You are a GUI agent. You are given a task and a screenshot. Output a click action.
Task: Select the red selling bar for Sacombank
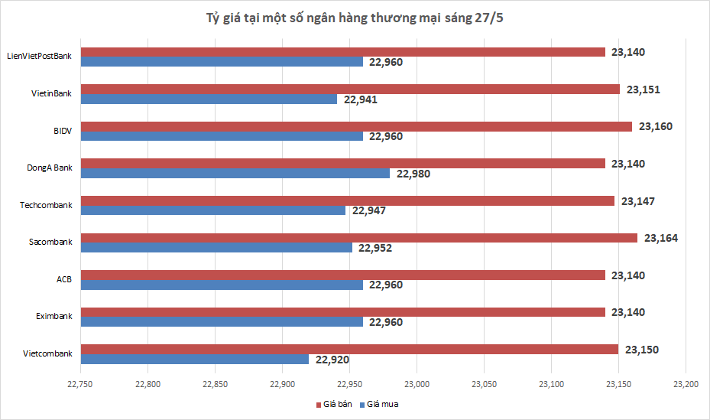[x=359, y=238]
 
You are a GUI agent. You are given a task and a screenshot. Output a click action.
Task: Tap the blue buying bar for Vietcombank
[x=195, y=359]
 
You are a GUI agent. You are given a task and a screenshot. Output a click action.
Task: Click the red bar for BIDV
[x=357, y=126]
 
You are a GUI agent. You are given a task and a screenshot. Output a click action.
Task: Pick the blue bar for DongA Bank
[x=235, y=173]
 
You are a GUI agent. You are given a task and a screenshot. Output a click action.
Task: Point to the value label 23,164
[x=661, y=238]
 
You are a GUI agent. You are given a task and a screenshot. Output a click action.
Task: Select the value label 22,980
[x=413, y=174]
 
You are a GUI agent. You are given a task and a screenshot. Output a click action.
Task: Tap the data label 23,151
[x=643, y=90]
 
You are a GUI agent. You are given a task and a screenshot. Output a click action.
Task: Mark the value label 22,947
[x=368, y=210]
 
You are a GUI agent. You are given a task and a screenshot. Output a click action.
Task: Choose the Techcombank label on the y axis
[x=48, y=205]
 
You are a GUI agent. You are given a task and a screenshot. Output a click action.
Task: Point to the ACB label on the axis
[x=64, y=279]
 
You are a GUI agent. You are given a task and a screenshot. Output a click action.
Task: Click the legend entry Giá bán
[x=335, y=404]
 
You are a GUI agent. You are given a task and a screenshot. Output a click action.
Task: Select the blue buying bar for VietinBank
[x=209, y=99]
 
